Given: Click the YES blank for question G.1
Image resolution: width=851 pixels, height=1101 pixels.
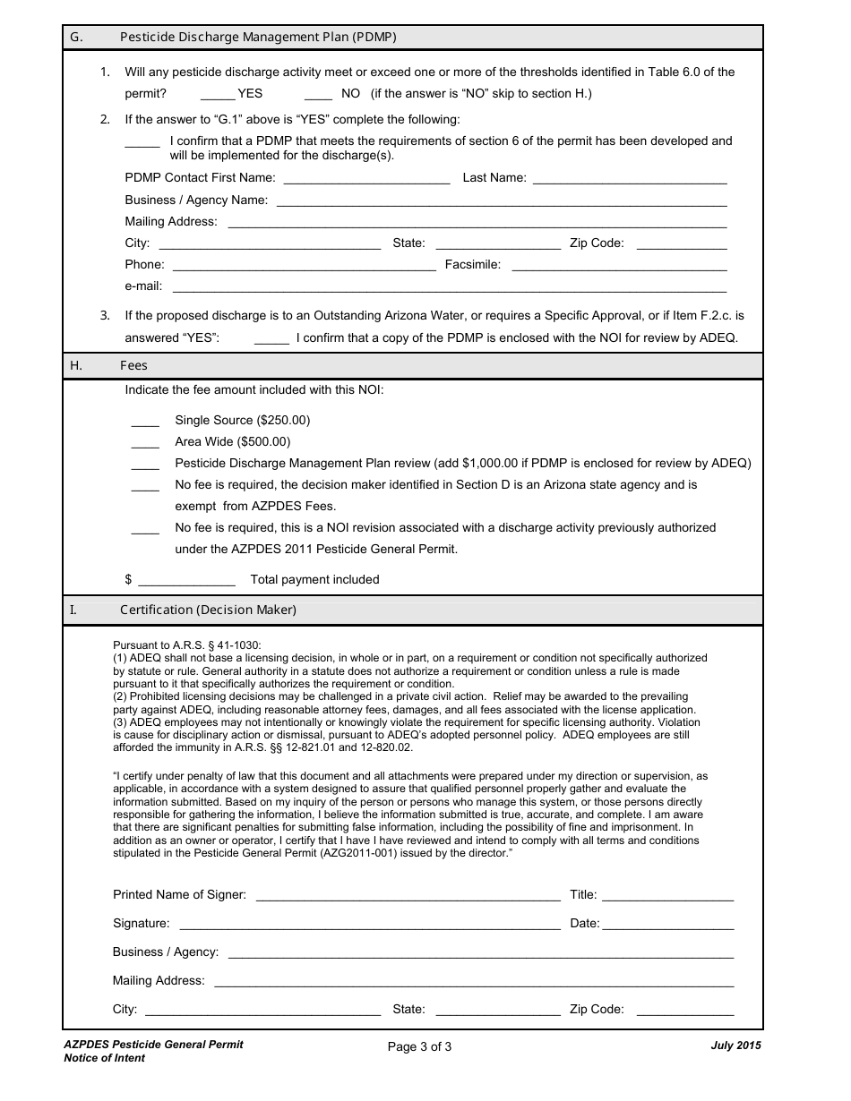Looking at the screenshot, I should pos(218,95).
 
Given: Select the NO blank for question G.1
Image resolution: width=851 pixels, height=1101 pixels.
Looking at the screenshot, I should pos(319,95).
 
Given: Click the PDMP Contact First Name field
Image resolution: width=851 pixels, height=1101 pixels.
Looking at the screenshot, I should pos(366,179).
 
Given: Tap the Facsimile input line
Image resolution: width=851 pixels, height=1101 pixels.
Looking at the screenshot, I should pos(619,266).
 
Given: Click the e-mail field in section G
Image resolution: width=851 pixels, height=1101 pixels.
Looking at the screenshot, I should pos(449,287).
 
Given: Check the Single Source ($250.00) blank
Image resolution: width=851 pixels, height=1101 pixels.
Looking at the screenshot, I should pos(145,422).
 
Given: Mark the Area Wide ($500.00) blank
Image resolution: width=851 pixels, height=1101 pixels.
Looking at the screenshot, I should pos(145,443).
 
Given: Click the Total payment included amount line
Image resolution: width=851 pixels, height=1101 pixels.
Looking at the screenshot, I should pos(186,581).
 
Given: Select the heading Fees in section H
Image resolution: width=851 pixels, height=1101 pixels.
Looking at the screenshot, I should pos(134,365).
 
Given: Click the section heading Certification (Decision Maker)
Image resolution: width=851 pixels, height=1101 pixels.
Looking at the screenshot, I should pos(208,610).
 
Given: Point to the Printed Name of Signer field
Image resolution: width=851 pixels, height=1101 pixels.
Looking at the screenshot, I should pos(408,896).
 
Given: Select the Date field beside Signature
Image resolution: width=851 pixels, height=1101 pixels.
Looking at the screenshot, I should pos(668,925).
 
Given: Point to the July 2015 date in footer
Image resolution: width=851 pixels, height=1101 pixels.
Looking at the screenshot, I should pos(736,1045).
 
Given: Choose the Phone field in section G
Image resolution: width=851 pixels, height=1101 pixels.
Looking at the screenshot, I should pos(304,266).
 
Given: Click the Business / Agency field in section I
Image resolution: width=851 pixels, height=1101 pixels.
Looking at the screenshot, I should pos(481,953).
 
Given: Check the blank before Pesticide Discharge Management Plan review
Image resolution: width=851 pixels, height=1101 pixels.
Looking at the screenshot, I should pos(145,465).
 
